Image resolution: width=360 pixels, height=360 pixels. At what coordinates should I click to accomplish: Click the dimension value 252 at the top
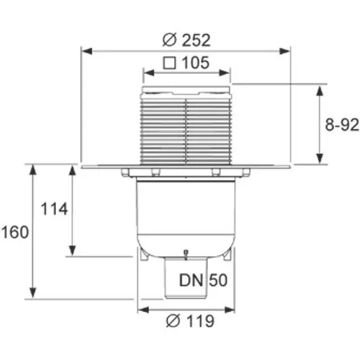tap(196, 40)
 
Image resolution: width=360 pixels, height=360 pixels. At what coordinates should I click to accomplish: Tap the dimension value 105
tap(196, 63)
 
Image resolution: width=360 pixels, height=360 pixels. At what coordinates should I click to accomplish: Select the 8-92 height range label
tap(342, 125)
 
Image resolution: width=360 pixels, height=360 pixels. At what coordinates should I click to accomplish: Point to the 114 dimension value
tap(54, 209)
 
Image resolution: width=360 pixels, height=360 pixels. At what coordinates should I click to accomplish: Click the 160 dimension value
tap(15, 232)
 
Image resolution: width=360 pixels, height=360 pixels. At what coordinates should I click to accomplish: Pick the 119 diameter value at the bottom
tap(200, 321)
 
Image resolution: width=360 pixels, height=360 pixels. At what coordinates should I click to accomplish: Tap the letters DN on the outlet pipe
tap(191, 280)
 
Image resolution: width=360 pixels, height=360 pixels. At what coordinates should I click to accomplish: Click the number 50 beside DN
tap(218, 280)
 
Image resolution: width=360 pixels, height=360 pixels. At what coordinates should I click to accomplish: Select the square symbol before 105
tap(169, 63)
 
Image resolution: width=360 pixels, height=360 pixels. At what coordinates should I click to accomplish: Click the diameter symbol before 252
tap(169, 40)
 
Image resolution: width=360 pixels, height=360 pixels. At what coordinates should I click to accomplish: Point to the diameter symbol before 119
tap(173, 321)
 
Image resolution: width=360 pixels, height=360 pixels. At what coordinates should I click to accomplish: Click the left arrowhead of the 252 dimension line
tap(87, 51)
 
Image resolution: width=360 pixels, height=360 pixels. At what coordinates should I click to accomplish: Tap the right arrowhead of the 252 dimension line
tap(284, 51)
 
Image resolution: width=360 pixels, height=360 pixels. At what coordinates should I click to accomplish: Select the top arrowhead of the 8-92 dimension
tap(320, 91)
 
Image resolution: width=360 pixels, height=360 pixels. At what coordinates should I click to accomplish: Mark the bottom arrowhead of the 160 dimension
tap(33, 292)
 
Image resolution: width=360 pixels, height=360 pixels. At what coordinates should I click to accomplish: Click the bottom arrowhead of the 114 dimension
tap(73, 251)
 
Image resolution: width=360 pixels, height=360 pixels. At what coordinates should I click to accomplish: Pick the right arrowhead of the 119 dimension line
tap(230, 310)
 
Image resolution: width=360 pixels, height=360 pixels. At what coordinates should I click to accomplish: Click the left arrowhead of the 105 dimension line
tap(149, 73)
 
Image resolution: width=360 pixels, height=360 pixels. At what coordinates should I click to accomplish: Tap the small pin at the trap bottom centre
tap(186, 254)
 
